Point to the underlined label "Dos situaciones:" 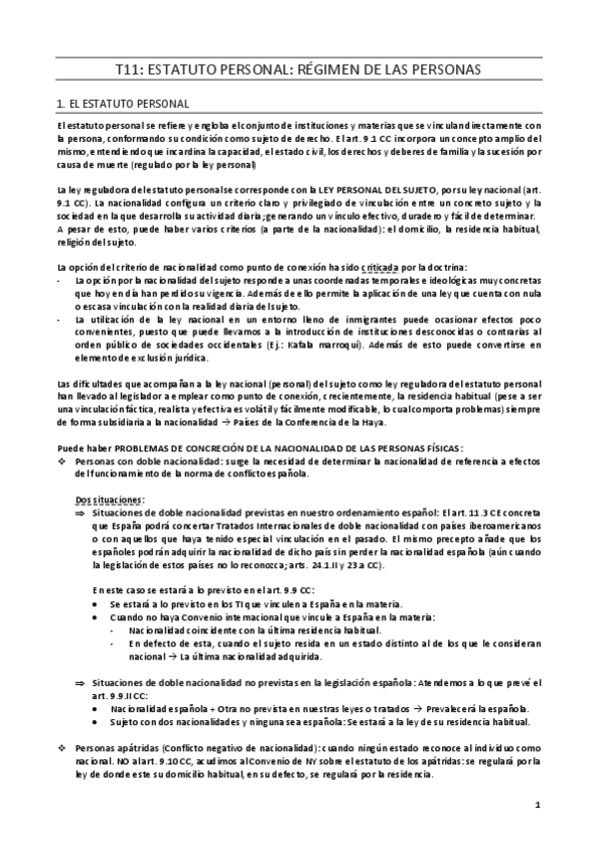tap(110, 498)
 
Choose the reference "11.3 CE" tap(486, 511)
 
